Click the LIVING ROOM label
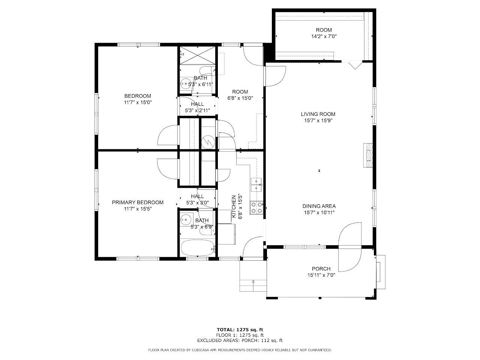click(x=318, y=114)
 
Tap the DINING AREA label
click(x=319, y=206)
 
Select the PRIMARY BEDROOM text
click(x=138, y=202)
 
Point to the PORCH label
click(x=321, y=268)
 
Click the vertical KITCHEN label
click(x=234, y=206)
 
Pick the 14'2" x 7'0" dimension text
click(x=324, y=36)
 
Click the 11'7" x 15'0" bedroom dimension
click(x=138, y=102)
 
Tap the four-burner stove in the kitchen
click(x=257, y=208)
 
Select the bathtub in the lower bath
click(x=198, y=248)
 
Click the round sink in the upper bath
click(x=186, y=84)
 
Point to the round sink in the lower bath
click(x=186, y=219)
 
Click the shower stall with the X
click(x=198, y=55)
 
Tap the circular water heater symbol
click(x=208, y=142)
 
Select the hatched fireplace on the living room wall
click(x=368, y=155)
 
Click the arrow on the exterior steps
click(x=253, y=285)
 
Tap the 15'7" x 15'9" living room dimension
click(x=318, y=120)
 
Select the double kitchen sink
click(x=256, y=185)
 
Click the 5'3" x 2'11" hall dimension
click(x=198, y=111)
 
